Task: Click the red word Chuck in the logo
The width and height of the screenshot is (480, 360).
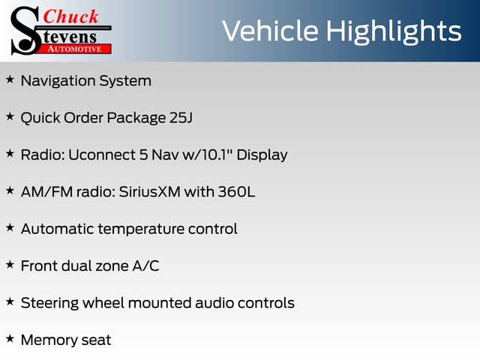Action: [70, 16]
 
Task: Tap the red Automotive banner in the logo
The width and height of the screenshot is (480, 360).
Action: [75, 49]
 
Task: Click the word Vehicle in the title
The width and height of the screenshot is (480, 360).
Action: [270, 31]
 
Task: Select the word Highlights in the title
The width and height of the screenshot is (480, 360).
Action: [394, 32]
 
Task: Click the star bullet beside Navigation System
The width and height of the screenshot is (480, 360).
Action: [10, 79]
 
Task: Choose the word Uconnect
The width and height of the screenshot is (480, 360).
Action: [102, 155]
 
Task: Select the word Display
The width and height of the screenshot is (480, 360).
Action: [262, 155]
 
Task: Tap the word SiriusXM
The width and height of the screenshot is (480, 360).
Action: [150, 192]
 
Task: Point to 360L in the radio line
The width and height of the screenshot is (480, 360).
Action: [236, 192]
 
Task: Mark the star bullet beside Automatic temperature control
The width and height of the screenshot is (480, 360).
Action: [10, 228]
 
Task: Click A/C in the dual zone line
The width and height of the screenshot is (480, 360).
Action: [145, 266]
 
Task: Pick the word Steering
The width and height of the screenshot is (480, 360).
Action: [49, 303]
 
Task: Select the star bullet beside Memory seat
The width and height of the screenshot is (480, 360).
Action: [10, 338]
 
